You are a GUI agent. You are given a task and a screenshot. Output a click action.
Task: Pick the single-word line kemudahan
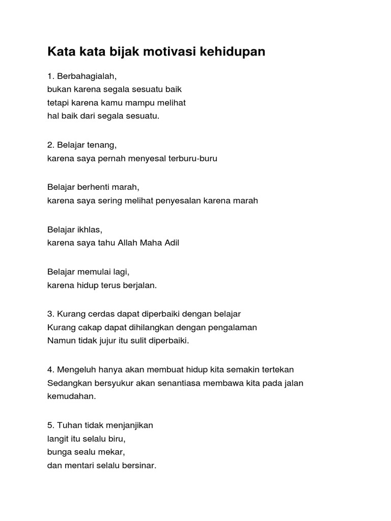[71, 396]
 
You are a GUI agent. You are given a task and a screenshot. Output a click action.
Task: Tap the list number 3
[50, 314]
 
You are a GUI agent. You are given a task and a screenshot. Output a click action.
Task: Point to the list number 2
[50, 145]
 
